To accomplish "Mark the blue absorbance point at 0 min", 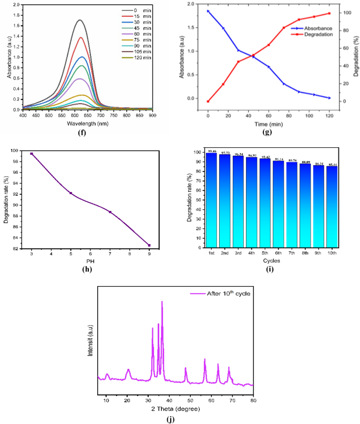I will pyautogui.click(x=208, y=11).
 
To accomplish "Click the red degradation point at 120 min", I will pyautogui.click(x=330, y=13).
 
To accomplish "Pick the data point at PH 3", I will pyautogui.click(x=32, y=154).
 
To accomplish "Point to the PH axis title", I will pyautogui.click(x=90, y=261).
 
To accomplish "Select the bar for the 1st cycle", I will pyautogui.click(x=211, y=200).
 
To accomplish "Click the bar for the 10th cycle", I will pyautogui.click(x=332, y=207).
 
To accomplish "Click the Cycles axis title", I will pyautogui.click(x=272, y=260).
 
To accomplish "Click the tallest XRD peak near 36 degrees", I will pyautogui.click(x=162, y=302).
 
